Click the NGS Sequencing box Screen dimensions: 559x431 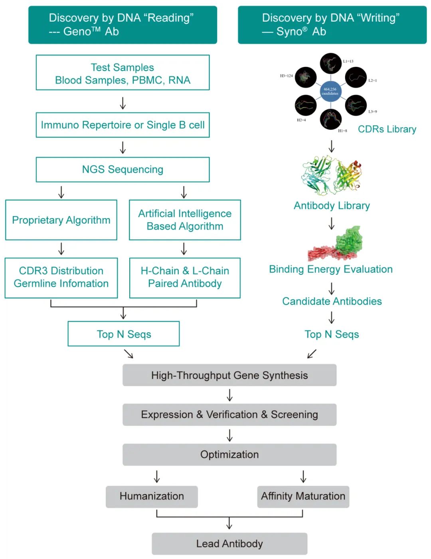pos(123,169)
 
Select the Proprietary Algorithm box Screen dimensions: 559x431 pos(61,220)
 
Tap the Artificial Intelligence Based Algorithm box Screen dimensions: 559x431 pos(185,220)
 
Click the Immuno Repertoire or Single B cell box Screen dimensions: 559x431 pos(123,125)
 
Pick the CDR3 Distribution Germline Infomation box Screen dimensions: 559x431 pos(61,277)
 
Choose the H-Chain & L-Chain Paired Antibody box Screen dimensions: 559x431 pos(185,277)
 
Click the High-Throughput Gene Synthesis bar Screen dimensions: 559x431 pos(229,375)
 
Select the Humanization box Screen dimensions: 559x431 pos(152,496)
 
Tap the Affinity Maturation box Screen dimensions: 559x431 pos(303,496)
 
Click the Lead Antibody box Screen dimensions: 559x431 pos(229,543)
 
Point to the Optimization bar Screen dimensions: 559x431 pos(229,454)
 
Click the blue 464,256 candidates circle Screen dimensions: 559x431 pos(330,91)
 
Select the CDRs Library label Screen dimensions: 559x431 pos(387,129)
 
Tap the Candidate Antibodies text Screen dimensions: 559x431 pos(332,301)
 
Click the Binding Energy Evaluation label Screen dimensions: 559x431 pos(331,269)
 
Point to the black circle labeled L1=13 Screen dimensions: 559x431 pos(330,63)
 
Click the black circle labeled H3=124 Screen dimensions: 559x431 pos(306,77)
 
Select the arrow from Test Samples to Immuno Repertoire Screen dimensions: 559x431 pos(123,103)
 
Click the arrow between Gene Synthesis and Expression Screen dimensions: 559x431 pos(229,395)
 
